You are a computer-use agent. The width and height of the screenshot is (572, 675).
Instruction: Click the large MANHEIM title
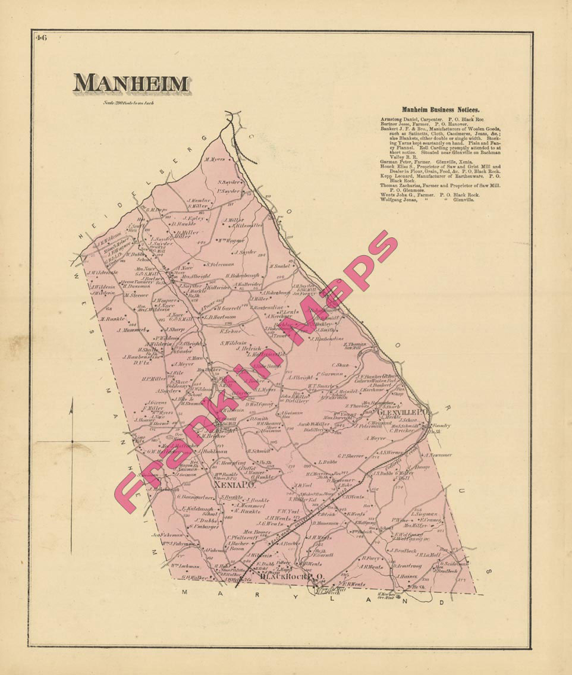coord(131,84)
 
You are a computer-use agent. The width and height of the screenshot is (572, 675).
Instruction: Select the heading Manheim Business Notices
coord(441,109)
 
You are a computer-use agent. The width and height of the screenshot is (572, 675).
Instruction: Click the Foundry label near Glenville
coord(442,426)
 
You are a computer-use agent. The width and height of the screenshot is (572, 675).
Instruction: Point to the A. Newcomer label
coord(438,455)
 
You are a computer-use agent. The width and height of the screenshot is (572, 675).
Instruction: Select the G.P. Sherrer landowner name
coord(350,456)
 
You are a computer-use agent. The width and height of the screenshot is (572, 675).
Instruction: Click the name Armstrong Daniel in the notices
coord(400,119)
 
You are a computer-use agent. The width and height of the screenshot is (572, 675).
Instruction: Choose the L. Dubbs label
coord(328,461)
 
